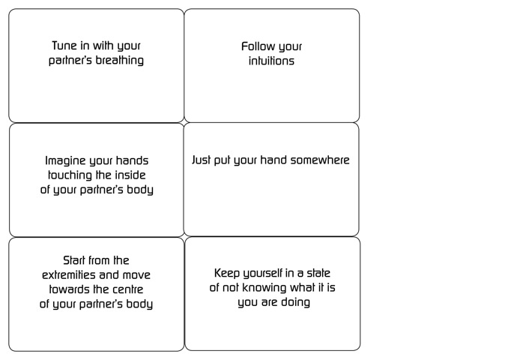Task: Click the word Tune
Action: point(64,46)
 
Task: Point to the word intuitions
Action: point(271,61)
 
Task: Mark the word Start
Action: point(74,260)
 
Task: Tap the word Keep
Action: point(227,274)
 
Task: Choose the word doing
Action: point(295,302)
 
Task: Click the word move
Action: point(136,275)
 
